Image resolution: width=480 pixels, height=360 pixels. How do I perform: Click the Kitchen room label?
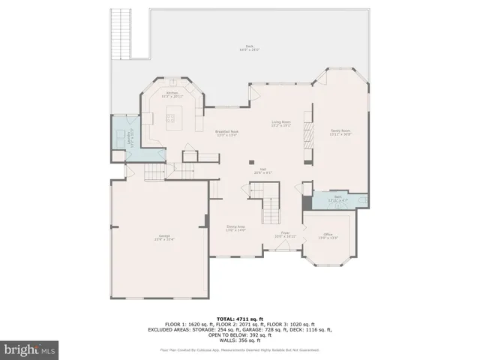(x=172, y=94)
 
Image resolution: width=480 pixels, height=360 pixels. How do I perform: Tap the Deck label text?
(x=249, y=48)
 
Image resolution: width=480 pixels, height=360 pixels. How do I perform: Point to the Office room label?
(x=328, y=237)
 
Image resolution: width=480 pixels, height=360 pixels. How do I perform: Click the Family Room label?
(x=341, y=133)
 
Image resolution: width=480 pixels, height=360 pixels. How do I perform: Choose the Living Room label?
(x=281, y=124)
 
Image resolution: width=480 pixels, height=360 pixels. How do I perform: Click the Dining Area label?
(x=236, y=228)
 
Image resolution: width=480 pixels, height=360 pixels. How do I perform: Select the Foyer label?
(x=285, y=234)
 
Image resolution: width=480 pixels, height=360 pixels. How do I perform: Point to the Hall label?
(x=264, y=171)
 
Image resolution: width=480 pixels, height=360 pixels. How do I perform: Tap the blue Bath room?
(x=338, y=199)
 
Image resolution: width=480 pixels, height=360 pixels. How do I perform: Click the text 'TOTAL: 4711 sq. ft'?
(x=239, y=319)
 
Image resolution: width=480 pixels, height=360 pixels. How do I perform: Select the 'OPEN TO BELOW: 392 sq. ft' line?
(x=239, y=334)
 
